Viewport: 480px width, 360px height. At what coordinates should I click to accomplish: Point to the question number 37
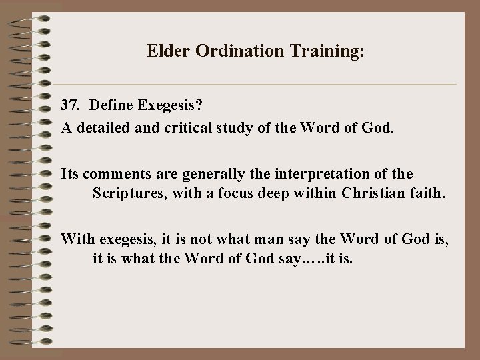[71, 105]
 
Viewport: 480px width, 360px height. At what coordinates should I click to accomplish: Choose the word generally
[193, 174]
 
